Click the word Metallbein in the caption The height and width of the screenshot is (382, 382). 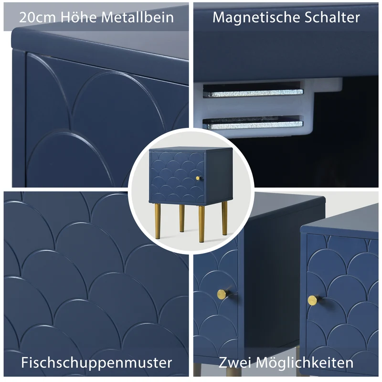point(138,17)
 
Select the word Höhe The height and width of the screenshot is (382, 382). point(78,17)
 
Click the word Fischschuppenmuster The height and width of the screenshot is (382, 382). point(96,362)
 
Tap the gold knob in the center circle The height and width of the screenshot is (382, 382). point(198,178)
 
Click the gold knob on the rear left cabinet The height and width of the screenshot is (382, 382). point(223,294)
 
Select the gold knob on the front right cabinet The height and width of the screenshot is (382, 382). point(313,300)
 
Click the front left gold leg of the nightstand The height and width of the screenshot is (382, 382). point(158,221)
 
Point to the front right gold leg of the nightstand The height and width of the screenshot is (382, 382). point(201,223)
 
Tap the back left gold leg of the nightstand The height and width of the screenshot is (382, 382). point(182,218)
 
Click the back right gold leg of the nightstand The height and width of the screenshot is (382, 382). point(224,218)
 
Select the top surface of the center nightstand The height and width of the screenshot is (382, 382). point(191,149)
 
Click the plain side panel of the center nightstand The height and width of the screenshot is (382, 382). point(218,176)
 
